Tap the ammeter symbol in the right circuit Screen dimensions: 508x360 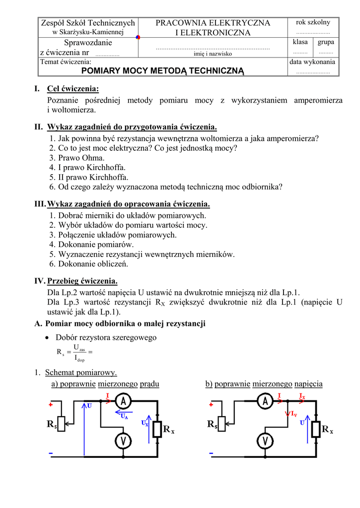pos(265,400)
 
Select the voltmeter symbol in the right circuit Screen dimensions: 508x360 pos(265,440)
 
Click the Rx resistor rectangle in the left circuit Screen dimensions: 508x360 pos(157,428)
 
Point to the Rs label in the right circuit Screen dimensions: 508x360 pos(213,425)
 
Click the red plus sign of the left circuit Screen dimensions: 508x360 pos(51,404)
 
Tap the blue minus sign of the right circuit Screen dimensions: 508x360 pos(212,453)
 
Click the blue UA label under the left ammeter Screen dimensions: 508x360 pos(124,417)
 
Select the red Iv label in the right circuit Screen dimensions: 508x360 pos(293,414)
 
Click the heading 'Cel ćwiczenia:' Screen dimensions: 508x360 pos(73,89)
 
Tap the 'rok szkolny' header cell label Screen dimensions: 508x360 pos(313,23)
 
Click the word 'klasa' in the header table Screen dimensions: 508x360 pos(300,42)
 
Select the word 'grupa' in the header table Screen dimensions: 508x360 pos(326,42)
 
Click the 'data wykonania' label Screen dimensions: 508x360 pos(312,62)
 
